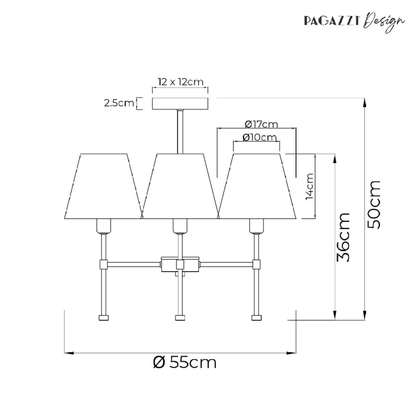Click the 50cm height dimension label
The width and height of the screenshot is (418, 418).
(374, 205)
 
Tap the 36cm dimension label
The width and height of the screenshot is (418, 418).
(343, 237)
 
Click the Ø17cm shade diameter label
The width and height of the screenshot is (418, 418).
(261, 124)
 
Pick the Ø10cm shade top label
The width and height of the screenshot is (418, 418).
(260, 137)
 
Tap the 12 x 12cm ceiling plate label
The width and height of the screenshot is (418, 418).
(180, 82)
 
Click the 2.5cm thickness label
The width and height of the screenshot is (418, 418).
(119, 103)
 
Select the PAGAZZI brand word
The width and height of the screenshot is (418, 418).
(332, 21)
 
